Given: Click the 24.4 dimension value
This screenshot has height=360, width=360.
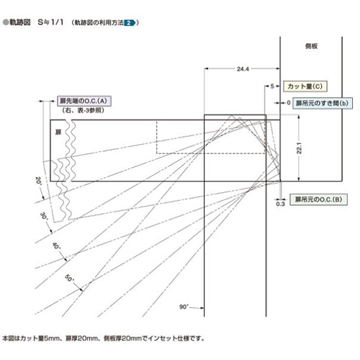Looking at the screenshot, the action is [243, 69].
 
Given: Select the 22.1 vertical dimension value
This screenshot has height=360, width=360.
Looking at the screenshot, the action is [299, 148].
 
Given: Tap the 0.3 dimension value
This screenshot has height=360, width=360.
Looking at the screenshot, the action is [280, 204].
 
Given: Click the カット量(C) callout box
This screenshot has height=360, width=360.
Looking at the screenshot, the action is [305, 86].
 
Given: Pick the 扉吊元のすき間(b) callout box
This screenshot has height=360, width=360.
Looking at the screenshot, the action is [322, 103].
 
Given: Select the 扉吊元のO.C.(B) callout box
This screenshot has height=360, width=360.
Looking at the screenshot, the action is [318, 199].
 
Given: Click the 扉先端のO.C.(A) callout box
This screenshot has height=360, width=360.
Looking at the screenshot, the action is [84, 101].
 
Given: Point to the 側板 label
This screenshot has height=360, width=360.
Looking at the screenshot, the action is [311, 46].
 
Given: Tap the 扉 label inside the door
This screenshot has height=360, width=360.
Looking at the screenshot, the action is [58, 132].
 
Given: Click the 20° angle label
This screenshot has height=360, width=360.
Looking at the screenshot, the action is [38, 181].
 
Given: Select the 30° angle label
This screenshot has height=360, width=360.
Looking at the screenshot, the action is [44, 216].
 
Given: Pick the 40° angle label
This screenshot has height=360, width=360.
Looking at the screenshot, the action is [57, 246].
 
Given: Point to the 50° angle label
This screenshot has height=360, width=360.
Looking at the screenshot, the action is [70, 278].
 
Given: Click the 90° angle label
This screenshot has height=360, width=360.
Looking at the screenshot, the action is [184, 307].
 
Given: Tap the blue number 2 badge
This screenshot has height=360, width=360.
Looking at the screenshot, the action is [130, 23].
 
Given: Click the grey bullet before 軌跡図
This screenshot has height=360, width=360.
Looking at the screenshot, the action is [6, 22].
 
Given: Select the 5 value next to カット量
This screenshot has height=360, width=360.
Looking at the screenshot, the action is [272, 86].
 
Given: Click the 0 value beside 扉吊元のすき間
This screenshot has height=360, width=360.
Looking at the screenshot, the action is [289, 103].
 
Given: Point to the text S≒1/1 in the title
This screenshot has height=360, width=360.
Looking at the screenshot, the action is [50, 22].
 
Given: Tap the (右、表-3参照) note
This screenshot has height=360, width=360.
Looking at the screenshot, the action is [83, 110].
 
